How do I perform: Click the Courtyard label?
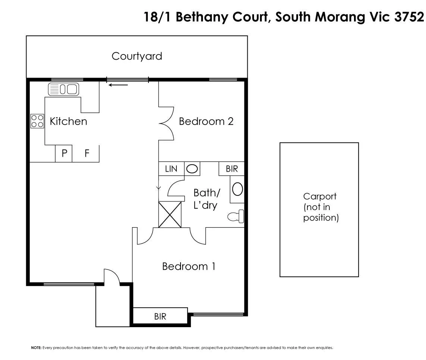pos(137,56)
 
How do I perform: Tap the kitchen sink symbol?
pos(64,89)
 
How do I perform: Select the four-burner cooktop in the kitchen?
pos(37,121)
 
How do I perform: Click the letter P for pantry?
pos(64,153)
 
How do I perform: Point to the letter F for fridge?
pos(87,153)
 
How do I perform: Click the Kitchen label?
pos(68,121)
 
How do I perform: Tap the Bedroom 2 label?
pos(206,121)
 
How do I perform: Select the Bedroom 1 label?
pos(188,266)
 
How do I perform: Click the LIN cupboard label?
pos(171,169)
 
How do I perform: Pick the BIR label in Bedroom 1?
pos(160,317)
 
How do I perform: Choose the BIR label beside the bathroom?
pos(232,169)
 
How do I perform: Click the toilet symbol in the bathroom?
pos(236,216)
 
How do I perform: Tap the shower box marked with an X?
pos(170,215)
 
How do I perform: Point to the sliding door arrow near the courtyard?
pos(118,85)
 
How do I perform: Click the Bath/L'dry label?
pos(206,198)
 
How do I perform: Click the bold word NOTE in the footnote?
pos(36,348)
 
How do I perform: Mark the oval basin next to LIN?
pos(192,169)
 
